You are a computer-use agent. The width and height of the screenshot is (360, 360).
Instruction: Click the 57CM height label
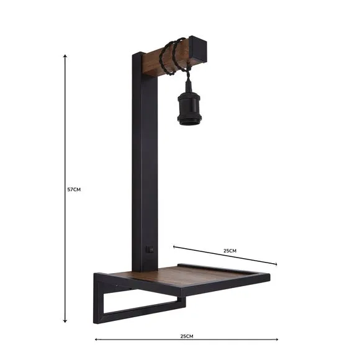(x=74, y=189)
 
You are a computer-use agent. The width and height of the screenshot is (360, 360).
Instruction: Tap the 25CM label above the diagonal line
(x=229, y=251)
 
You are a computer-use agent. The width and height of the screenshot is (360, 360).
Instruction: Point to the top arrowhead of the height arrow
(x=65, y=56)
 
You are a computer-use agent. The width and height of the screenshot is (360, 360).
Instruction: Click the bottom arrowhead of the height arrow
(x=65, y=321)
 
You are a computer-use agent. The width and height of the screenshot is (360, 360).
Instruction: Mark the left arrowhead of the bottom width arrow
(x=96, y=339)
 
